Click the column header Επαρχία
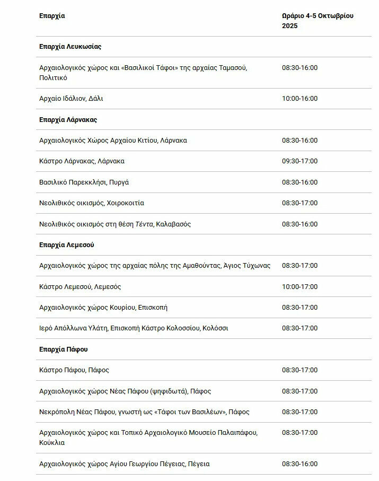(52, 15)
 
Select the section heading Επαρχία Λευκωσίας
(70, 47)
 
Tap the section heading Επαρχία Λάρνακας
(68, 120)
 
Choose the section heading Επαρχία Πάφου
(63, 349)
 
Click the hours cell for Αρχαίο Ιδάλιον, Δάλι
(299, 99)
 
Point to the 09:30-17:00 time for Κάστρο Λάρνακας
(299, 161)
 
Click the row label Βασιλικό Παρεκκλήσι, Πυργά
(84, 182)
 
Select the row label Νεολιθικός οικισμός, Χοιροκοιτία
(92, 203)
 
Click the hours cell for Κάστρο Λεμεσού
(299, 287)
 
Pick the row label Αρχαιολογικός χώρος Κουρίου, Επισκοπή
(103, 308)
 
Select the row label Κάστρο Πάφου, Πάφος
(74, 370)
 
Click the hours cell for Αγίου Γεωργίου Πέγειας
(299, 464)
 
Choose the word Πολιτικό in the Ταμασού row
(53, 78)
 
